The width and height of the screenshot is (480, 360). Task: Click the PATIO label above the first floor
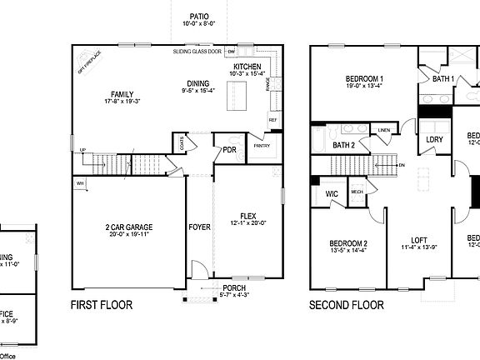(198, 16)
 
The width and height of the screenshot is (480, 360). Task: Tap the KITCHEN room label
(247, 67)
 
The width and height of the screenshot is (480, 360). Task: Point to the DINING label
(198, 83)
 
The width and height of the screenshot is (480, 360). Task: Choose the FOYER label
(199, 226)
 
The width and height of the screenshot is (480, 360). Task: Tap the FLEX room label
(248, 215)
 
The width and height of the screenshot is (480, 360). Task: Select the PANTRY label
(262, 145)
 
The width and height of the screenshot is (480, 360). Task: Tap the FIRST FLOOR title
(102, 306)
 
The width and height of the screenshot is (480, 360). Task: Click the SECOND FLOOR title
(347, 306)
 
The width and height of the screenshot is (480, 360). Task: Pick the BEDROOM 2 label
(349, 243)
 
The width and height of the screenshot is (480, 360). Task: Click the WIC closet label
(330, 194)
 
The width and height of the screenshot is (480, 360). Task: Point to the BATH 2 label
(345, 145)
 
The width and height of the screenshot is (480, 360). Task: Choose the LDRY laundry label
(434, 139)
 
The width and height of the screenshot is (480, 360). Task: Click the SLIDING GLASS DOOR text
(197, 52)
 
